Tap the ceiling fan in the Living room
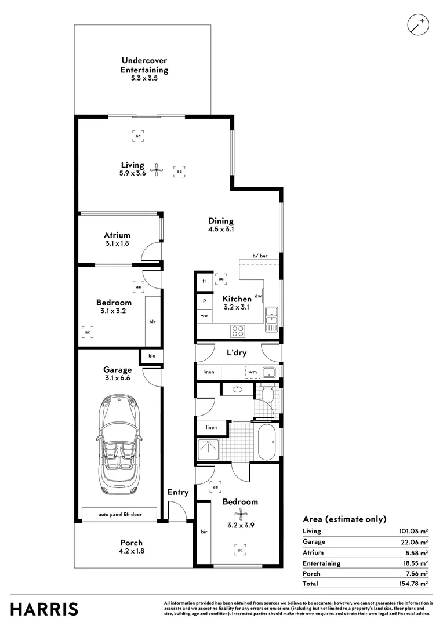click(x=157, y=170)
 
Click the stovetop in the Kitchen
click(x=238, y=331)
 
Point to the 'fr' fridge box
click(x=204, y=281)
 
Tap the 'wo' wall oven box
click(x=204, y=316)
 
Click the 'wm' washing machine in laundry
click(x=252, y=372)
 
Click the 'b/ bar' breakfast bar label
click(x=260, y=256)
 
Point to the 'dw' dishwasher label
click(x=258, y=296)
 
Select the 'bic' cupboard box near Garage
click(x=152, y=355)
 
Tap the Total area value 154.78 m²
click(x=415, y=584)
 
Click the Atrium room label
click(x=117, y=235)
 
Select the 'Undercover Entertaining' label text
click(x=144, y=65)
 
